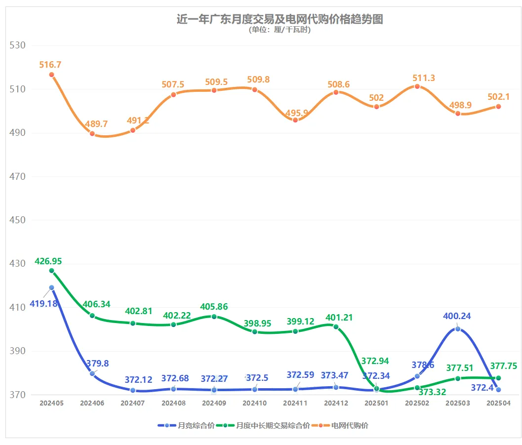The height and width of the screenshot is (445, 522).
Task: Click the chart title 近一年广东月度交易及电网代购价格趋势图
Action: pos(280,19)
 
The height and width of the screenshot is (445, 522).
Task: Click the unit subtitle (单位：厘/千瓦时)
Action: pos(280,30)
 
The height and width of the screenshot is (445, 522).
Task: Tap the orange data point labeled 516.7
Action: pos(51,75)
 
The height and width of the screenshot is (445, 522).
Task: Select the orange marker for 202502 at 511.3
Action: pos(417,86)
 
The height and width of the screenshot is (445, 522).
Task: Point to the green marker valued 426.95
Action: pos(51,271)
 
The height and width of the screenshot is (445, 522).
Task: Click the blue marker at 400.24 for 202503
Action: pos(458,329)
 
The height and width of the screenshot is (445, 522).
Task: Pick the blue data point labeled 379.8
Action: pos(92,373)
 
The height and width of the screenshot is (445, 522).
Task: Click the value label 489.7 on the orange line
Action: pos(92,123)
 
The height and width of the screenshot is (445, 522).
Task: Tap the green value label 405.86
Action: pos(214,307)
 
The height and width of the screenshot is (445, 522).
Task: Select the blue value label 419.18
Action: pos(43,303)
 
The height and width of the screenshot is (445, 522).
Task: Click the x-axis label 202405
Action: pos(51,403)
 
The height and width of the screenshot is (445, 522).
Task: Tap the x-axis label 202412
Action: pos(336,403)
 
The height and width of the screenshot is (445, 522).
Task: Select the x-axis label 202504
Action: pos(498,403)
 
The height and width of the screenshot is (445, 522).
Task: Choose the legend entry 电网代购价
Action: pos(350,425)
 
